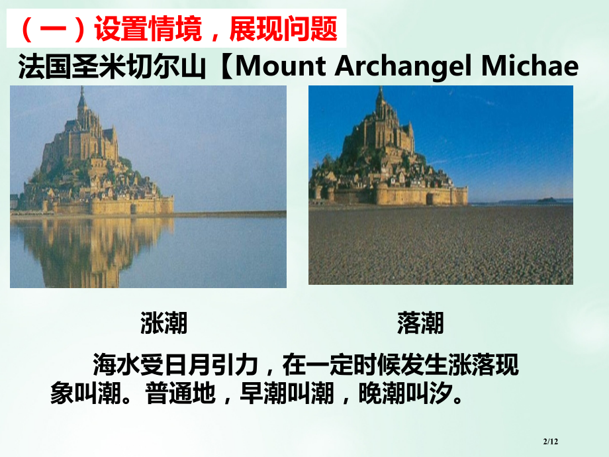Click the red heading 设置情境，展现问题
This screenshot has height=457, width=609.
(x=179, y=29)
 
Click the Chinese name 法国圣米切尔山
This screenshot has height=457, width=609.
(x=112, y=67)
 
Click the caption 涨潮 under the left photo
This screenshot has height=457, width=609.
(x=164, y=323)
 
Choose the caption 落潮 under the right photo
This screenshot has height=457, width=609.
(x=420, y=323)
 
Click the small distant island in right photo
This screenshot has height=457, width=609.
(x=546, y=199)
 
